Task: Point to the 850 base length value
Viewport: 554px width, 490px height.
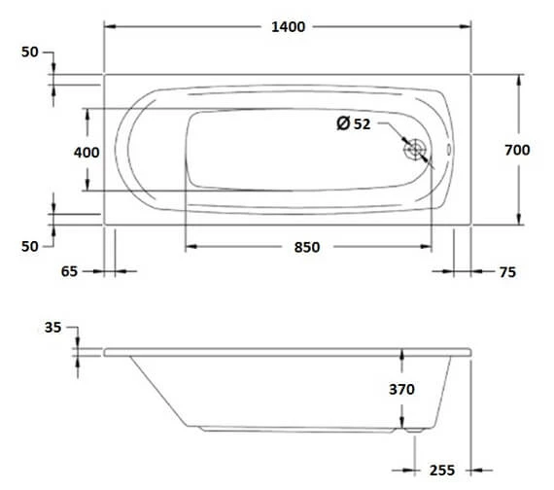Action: coord(306,248)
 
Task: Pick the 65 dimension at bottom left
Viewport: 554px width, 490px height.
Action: coord(68,272)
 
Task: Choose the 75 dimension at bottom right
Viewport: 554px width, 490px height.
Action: coord(506,273)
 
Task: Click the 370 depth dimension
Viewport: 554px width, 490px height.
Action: coord(401,389)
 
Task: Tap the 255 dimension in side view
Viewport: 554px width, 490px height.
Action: coord(441,470)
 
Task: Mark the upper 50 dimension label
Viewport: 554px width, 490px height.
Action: coord(29,52)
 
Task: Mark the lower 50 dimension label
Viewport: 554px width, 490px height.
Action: coord(29,247)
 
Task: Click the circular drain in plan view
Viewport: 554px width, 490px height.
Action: coord(416,150)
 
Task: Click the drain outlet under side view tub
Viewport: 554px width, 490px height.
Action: coord(416,427)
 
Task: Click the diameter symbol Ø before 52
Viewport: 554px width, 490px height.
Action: coord(342,123)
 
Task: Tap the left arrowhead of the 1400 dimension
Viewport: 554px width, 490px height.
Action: coord(109,27)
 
